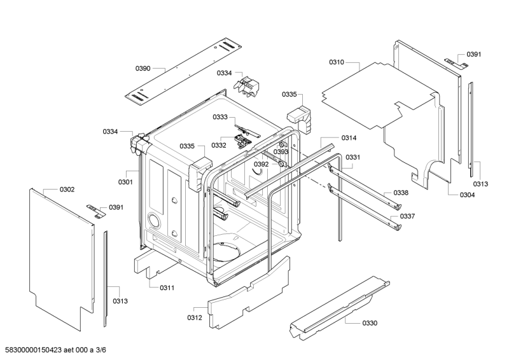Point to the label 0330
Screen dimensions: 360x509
pyautogui.click(x=370, y=323)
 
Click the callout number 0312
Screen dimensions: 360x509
pyautogui.click(x=195, y=317)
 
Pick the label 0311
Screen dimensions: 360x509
pyautogui.click(x=167, y=288)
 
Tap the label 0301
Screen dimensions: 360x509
pyautogui.click(x=125, y=183)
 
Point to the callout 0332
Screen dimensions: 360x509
pyautogui.click(x=219, y=145)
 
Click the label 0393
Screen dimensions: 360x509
pyautogui.click(x=281, y=152)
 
